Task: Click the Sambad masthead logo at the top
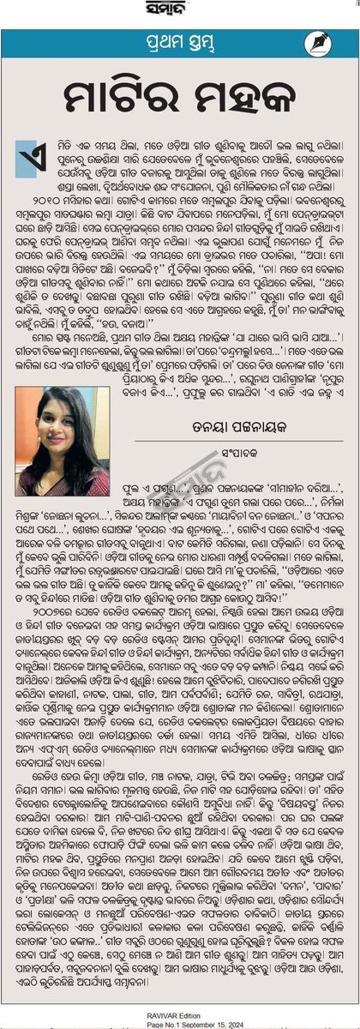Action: point(179,10)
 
